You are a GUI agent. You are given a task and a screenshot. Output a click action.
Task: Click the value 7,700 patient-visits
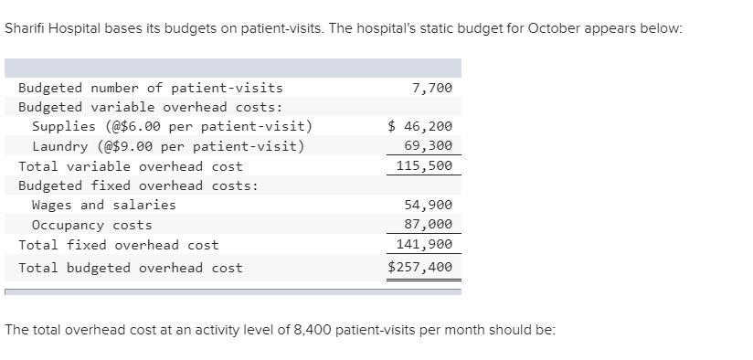[x=432, y=88]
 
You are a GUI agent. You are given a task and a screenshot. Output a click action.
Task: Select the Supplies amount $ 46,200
[x=420, y=126]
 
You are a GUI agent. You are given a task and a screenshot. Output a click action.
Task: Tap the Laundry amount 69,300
[x=428, y=146]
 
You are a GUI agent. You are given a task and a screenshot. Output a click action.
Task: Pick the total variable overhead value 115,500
[x=424, y=166]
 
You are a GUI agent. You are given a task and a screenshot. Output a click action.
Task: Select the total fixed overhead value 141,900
[x=424, y=245]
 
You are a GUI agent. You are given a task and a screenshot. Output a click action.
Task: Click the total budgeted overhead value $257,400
[x=420, y=268]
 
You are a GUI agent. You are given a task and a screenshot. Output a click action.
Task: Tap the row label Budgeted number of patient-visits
[x=151, y=88]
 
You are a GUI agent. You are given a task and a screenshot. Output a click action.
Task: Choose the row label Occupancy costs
[x=92, y=225]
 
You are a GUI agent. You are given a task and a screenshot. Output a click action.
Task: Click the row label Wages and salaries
[x=104, y=205]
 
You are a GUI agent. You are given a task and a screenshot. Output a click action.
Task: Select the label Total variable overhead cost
[x=131, y=166]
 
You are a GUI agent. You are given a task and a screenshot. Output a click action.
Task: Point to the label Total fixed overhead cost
[x=119, y=245]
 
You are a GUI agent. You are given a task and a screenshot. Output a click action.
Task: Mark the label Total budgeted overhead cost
[x=131, y=268]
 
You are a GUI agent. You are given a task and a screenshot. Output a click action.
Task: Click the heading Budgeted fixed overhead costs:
[x=138, y=185]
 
